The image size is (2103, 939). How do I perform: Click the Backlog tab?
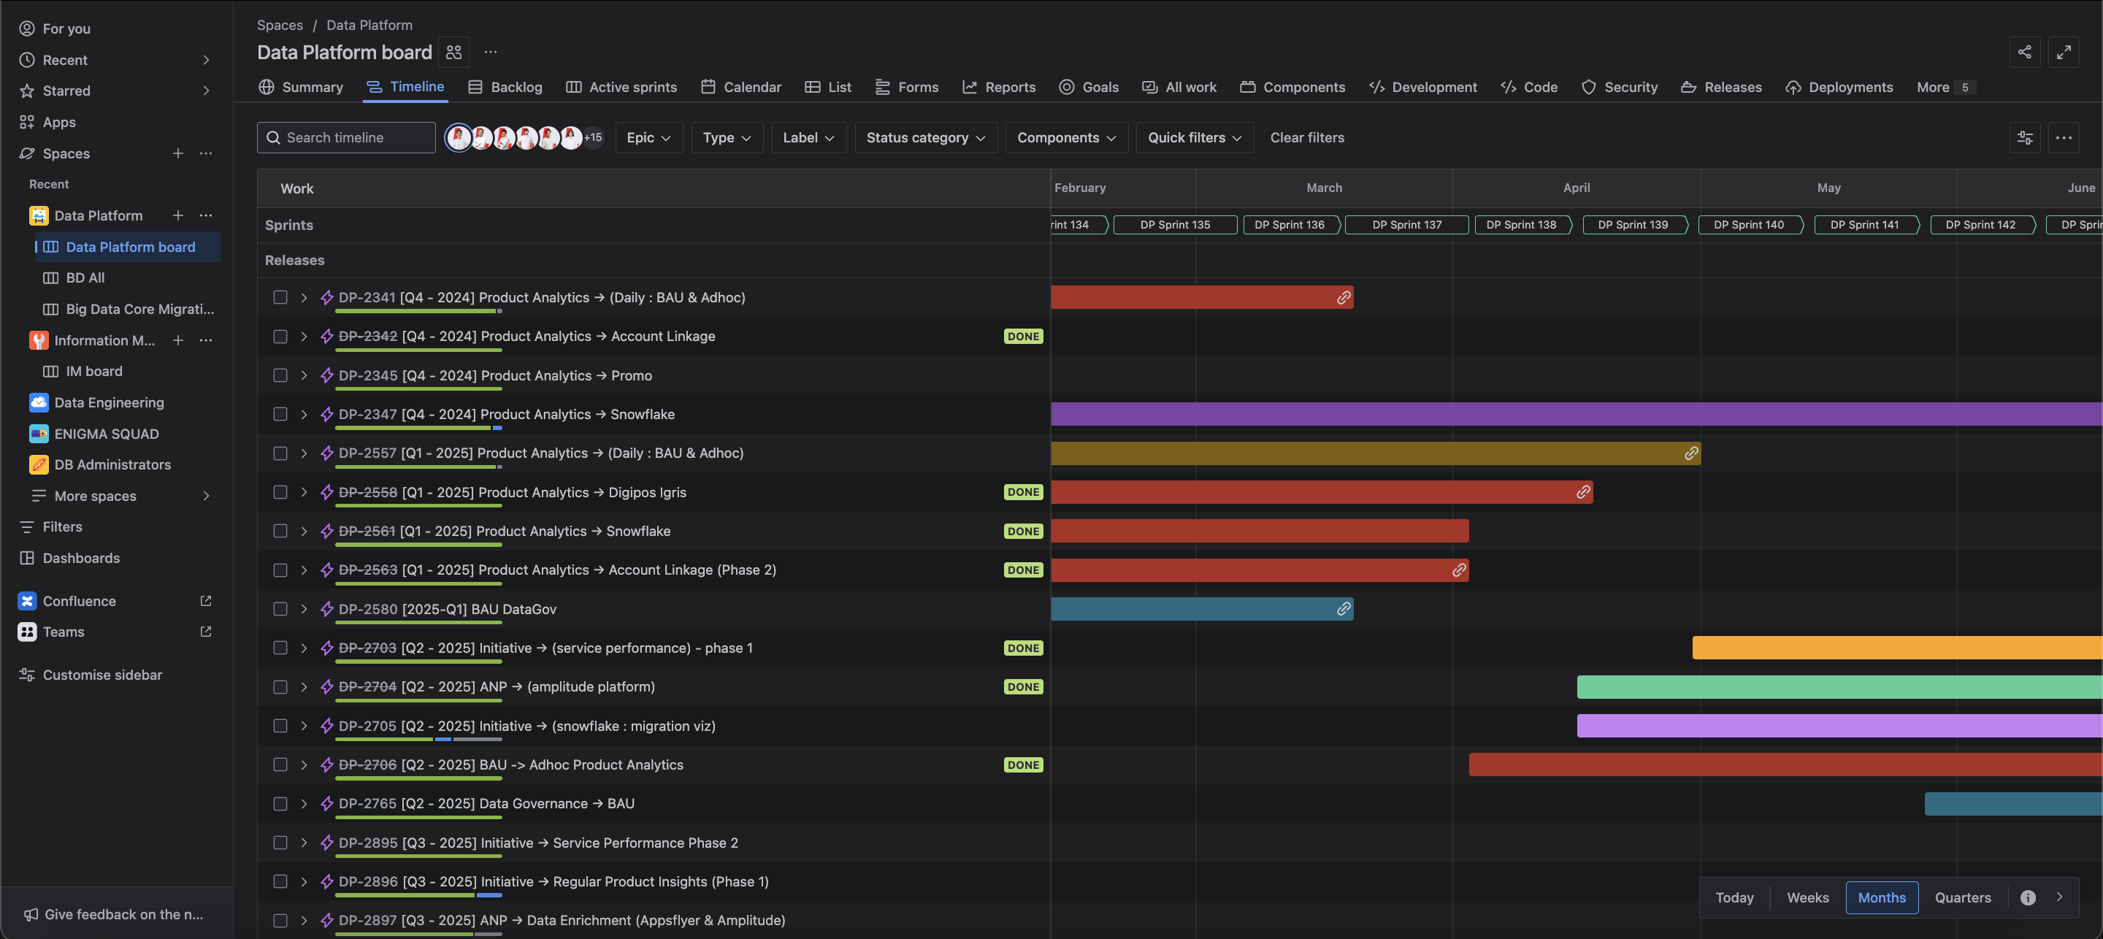[x=505, y=88]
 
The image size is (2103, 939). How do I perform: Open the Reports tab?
[x=998, y=88]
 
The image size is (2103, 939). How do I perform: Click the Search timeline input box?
[x=346, y=137]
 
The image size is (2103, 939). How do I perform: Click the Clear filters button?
[x=1307, y=137]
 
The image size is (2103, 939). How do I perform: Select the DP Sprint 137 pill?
[x=1406, y=225]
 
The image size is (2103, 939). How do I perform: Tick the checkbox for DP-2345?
[x=280, y=375]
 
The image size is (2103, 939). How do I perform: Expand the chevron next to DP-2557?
[x=304, y=453]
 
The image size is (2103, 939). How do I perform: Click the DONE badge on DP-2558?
[x=1023, y=492]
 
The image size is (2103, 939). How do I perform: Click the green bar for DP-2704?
[x=1839, y=686]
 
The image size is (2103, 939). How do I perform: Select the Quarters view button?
[x=1963, y=897]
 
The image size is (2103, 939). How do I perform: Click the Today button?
[x=1734, y=897]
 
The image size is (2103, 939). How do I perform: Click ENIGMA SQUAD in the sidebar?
[x=106, y=434]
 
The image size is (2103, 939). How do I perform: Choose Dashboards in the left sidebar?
[x=81, y=559]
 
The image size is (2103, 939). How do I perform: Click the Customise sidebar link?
[x=102, y=675]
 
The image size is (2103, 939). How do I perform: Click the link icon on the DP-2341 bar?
[x=1343, y=298]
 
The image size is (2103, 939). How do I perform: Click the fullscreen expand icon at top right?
[x=2063, y=53]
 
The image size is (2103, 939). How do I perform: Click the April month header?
[x=1576, y=188]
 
